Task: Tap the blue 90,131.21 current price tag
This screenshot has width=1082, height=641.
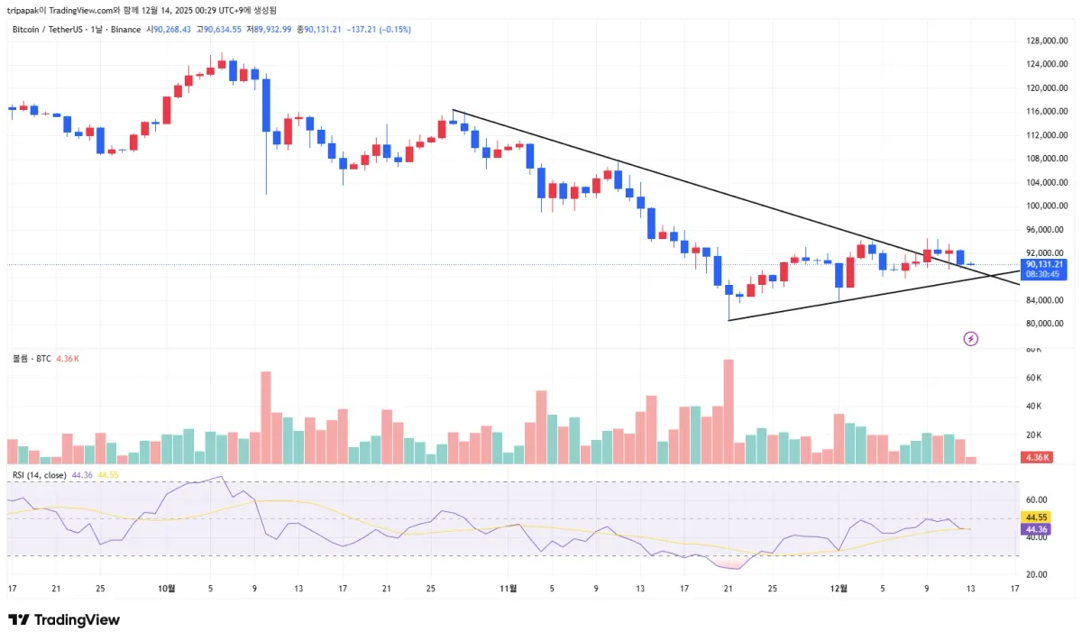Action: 1043,264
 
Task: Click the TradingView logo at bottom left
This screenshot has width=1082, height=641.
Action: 64,620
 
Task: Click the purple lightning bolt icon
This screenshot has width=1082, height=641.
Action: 971,339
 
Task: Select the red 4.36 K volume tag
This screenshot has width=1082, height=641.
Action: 1037,457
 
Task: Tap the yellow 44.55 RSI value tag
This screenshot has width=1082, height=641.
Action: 1036,517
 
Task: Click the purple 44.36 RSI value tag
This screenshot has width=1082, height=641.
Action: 1036,529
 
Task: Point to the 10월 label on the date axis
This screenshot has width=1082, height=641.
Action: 166,589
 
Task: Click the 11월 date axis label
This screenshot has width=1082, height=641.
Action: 509,589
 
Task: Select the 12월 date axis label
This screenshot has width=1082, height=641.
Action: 839,589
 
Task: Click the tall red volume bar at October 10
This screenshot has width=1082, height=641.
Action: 266,417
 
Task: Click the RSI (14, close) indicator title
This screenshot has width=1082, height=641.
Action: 40,475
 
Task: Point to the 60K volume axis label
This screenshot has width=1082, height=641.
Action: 1033,378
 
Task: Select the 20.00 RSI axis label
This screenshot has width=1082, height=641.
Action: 1035,574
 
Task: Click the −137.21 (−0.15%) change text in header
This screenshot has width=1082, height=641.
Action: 378,30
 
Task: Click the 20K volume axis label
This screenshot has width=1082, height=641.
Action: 1033,435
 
